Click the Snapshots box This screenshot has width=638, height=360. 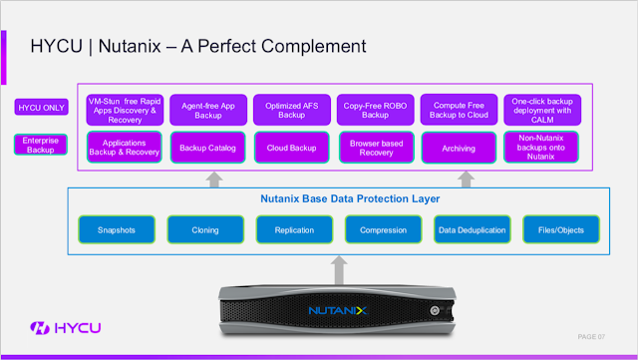pyautogui.click(x=117, y=230)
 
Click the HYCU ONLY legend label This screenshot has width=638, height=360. pyautogui.click(x=41, y=107)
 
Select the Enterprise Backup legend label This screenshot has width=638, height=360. pyautogui.click(x=41, y=145)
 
